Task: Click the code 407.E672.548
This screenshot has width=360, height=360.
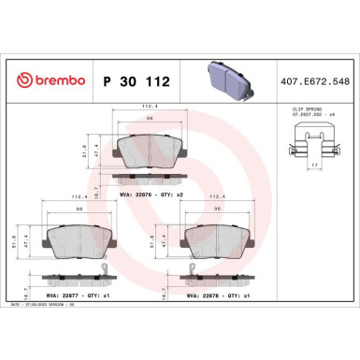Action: click(315, 81)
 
